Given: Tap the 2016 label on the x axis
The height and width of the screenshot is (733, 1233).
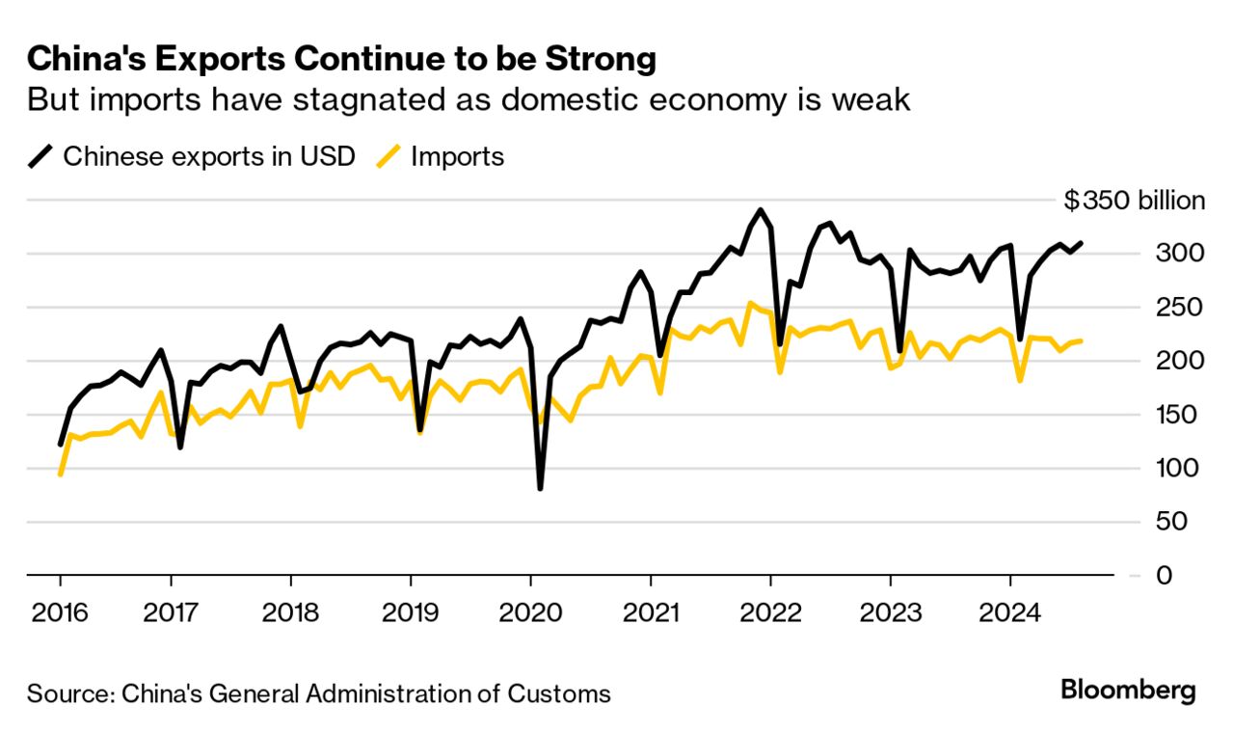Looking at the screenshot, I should tap(60, 611).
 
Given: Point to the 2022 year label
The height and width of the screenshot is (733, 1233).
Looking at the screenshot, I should tap(770, 611).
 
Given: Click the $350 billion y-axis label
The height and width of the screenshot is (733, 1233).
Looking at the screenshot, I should tap(1135, 201).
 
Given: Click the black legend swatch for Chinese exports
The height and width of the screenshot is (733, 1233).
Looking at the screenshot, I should tap(40, 156).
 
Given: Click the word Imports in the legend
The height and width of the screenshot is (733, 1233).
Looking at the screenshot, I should tap(457, 156).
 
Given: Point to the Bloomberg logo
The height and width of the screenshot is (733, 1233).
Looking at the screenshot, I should tap(1128, 691).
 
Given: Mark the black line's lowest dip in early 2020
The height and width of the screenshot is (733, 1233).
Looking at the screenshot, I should tap(540, 488).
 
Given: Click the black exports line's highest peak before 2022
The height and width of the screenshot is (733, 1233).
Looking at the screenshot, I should tap(761, 209).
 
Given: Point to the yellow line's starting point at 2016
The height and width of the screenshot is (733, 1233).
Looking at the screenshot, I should tap(60, 475).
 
